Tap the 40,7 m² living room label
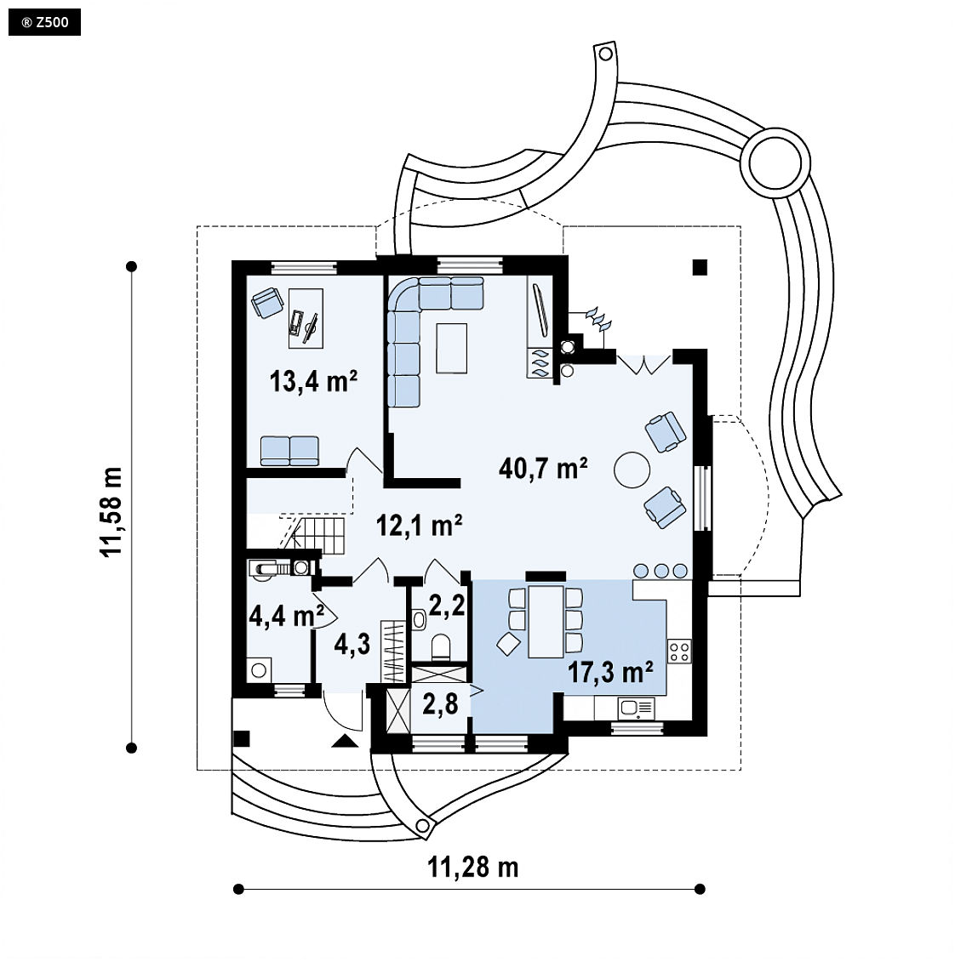(543, 469)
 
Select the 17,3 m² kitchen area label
(610, 673)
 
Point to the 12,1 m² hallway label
(419, 526)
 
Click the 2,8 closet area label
(440, 703)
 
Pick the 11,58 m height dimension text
(112, 511)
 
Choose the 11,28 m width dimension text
(472, 868)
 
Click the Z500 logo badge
(45, 23)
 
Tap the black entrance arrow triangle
(345, 741)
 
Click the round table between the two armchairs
(632, 470)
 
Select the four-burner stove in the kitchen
(679, 651)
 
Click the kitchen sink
(637, 709)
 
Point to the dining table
(546, 621)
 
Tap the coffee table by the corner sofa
(451, 349)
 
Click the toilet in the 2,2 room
(441, 646)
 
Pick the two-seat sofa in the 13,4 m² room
(289, 451)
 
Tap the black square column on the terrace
(700, 267)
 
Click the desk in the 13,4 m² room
(306, 318)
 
